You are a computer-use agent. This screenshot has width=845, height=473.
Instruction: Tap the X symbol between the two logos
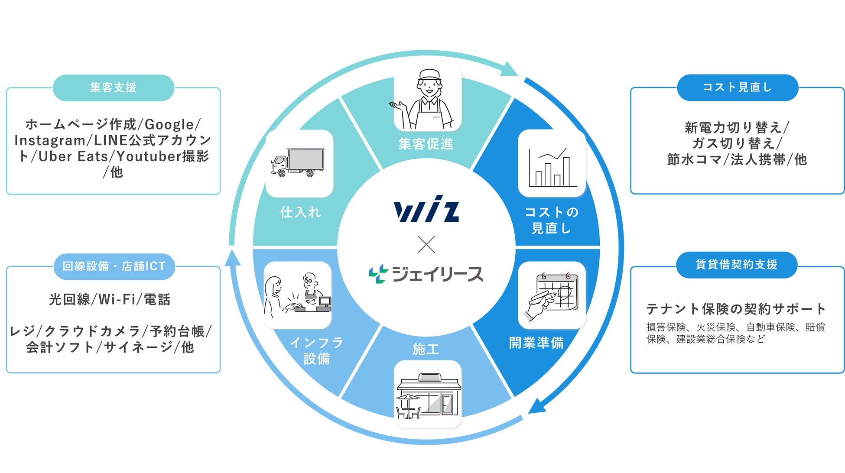click(426, 245)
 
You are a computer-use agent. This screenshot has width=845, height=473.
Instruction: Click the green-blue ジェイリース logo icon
click(378, 274)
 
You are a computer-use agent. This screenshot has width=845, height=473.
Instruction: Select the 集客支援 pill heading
click(114, 87)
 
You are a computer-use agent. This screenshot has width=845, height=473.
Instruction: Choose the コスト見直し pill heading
click(737, 87)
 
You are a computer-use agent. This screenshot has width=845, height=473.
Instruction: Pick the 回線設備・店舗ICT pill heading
click(114, 266)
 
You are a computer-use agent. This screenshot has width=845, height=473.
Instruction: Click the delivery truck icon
click(299, 163)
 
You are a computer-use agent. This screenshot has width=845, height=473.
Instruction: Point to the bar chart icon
click(552, 166)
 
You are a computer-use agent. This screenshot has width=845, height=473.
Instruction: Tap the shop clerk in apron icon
click(427, 100)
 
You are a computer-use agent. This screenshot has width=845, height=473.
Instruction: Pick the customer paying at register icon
click(298, 295)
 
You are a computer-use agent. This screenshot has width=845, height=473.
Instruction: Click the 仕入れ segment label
click(300, 212)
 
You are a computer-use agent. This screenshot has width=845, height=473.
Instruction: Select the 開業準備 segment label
click(536, 343)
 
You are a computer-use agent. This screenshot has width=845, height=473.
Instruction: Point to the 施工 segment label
click(426, 349)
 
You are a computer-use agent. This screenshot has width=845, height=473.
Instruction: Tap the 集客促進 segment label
click(426, 144)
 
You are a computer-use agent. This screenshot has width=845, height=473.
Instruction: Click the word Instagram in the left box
click(50, 140)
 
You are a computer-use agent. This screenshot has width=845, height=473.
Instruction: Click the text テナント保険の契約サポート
click(736, 309)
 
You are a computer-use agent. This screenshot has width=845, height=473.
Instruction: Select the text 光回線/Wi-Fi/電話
click(110, 299)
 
